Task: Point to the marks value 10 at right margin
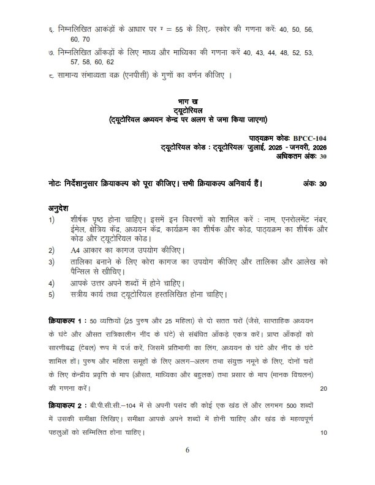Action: pos(324,433)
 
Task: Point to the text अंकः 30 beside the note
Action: pos(315,183)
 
